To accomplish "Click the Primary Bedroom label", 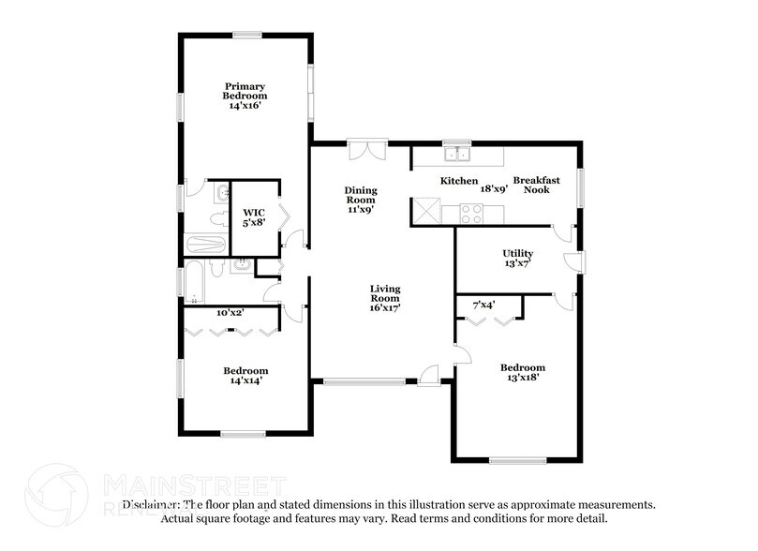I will click(245, 96).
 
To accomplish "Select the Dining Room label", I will click(361, 200).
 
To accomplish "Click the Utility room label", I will click(517, 259).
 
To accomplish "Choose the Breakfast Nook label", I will click(536, 185).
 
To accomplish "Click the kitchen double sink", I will click(458, 155).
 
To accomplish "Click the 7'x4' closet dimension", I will click(483, 305).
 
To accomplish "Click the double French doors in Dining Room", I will click(366, 151).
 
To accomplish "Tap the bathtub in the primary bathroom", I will click(205, 245).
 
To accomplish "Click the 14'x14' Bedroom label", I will click(245, 376).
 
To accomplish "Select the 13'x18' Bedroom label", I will click(522, 373).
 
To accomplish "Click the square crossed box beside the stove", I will click(426, 212).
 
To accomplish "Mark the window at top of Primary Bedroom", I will click(247, 36).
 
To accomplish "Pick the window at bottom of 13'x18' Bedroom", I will click(517, 460).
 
